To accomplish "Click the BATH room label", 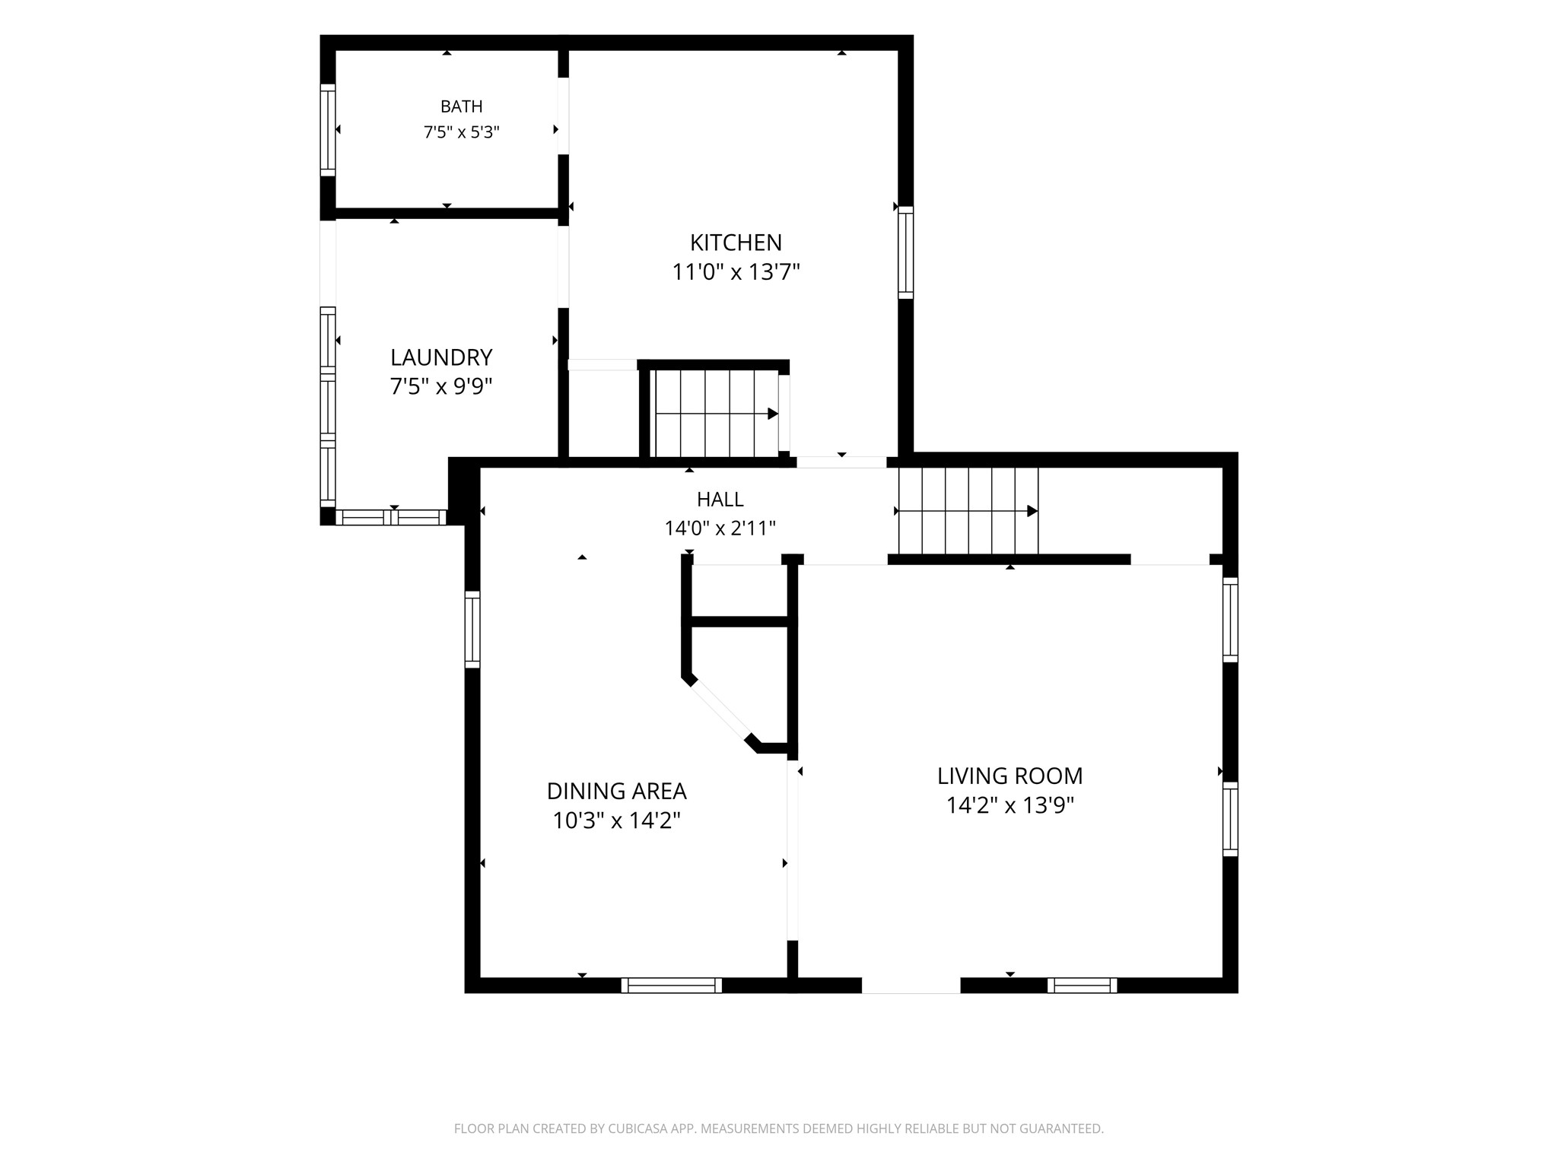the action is point(461,106).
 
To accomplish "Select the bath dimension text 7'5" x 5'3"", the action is point(461,132).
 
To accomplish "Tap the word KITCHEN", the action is point(736,243).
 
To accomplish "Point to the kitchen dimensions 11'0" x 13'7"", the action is point(736,271).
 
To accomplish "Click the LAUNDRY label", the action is point(441,357).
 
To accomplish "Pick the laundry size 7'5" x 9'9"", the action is point(441,387).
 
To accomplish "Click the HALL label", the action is point(720,500).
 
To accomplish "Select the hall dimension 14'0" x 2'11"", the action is point(720,528).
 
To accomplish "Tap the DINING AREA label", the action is point(616,792).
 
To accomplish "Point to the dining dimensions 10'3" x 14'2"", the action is point(616,821).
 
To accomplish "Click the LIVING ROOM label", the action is point(1010,776).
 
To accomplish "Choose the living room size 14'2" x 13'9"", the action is point(1010,805).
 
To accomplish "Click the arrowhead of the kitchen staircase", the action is point(773,414).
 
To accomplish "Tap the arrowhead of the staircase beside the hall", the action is point(1032,511).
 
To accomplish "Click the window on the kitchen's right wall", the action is point(905,252).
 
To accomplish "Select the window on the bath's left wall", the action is point(327,130).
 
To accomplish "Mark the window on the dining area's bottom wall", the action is point(671,985).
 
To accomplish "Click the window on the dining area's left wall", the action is point(472,630).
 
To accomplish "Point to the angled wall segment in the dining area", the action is point(720,711).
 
